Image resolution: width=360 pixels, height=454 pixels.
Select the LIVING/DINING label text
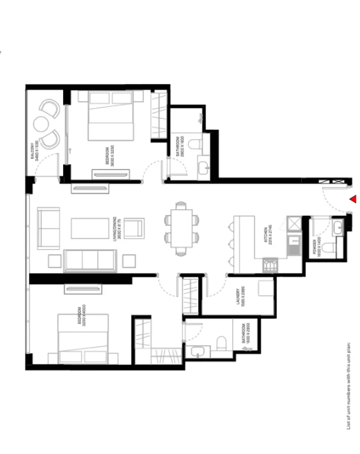click(118, 229)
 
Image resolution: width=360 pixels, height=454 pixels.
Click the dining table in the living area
click(181, 228)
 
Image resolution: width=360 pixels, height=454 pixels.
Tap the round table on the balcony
click(41, 123)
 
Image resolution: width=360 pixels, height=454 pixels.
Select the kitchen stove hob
click(270, 265)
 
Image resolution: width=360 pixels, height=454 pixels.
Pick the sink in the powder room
click(337, 227)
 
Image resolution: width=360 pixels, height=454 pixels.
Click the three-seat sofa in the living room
click(90, 260)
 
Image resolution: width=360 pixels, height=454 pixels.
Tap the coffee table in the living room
click(90, 228)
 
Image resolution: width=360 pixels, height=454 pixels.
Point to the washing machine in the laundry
click(265, 288)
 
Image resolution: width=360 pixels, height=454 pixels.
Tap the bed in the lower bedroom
click(83, 338)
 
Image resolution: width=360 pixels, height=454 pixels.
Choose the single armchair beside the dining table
click(134, 228)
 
